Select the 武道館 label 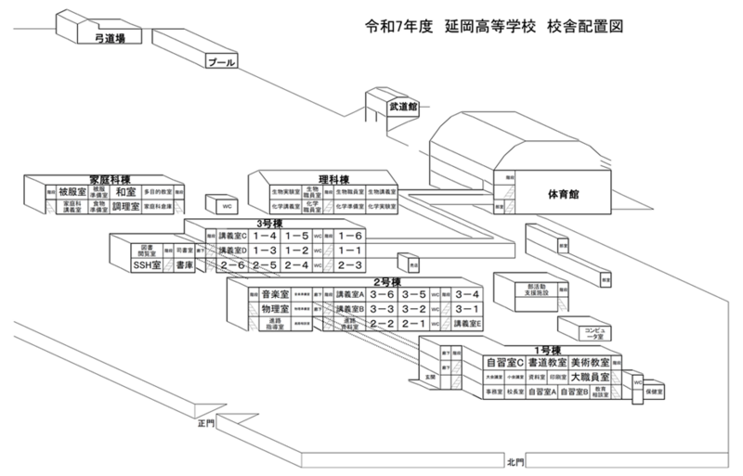pos(403,107)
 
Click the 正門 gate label pos(205,422)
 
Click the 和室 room pos(126,191)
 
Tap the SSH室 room pos(147,265)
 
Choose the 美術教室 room pos(590,361)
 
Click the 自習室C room pos(505,361)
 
